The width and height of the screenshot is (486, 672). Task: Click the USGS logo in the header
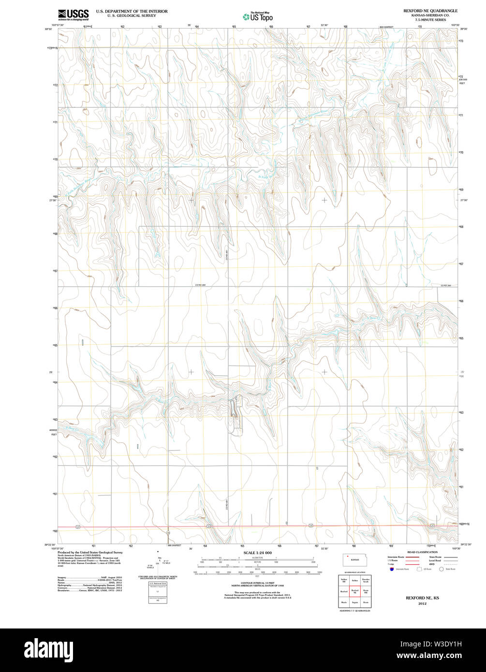click(x=73, y=14)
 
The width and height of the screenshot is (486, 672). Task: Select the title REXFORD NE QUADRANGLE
click(x=430, y=11)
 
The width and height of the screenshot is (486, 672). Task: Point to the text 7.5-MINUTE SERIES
click(x=430, y=19)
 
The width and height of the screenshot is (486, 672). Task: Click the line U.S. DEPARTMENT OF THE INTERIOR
click(x=132, y=11)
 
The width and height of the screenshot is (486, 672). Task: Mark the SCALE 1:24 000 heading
click(x=257, y=553)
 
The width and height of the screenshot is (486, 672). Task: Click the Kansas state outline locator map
click(x=354, y=559)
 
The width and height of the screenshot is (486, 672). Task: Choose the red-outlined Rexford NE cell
click(x=355, y=591)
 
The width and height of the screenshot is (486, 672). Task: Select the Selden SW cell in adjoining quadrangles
click(x=344, y=580)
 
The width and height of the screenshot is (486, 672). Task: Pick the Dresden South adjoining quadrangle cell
click(x=366, y=580)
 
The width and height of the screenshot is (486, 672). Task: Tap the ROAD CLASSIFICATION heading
click(x=422, y=552)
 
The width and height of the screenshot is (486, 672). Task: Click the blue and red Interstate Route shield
click(x=391, y=569)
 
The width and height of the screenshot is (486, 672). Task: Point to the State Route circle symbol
click(x=441, y=569)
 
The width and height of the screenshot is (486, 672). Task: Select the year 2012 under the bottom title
click(x=422, y=603)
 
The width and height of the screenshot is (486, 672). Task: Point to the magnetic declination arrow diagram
click(x=159, y=561)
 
